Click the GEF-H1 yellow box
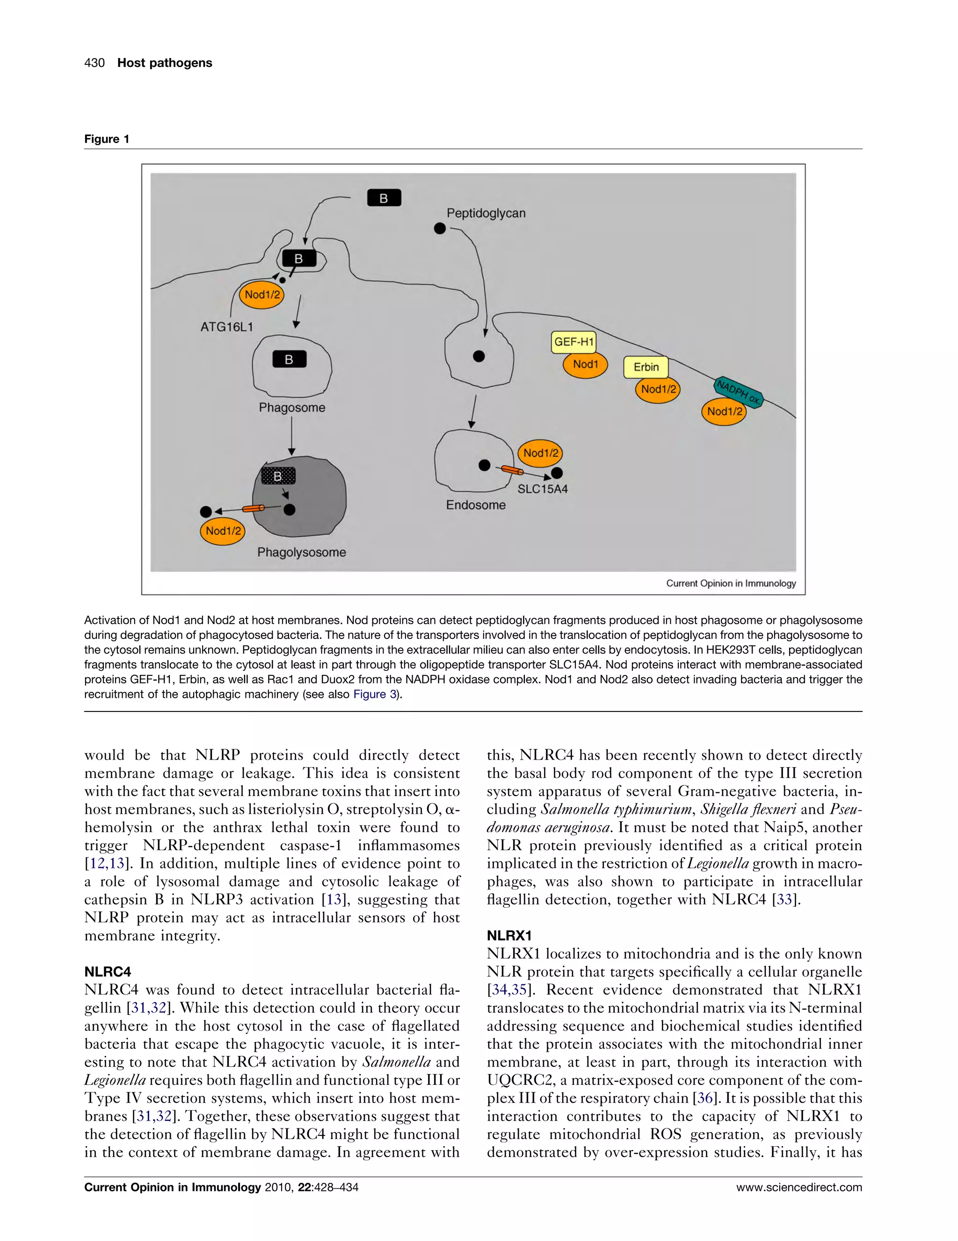[573, 342]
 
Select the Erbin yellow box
[646, 367]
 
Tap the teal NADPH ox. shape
[738, 392]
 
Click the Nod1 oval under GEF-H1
[585, 364]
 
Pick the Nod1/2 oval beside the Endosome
[540, 453]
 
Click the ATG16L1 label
[226, 327]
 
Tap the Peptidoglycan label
[486, 213]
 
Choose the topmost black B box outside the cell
[384, 198]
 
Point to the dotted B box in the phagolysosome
[278, 476]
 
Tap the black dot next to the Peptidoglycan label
[440, 229]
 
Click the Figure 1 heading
[107, 139]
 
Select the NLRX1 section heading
[509, 935]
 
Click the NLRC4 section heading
[108, 971]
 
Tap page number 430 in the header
[94, 63]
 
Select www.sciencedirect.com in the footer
[799, 1187]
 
